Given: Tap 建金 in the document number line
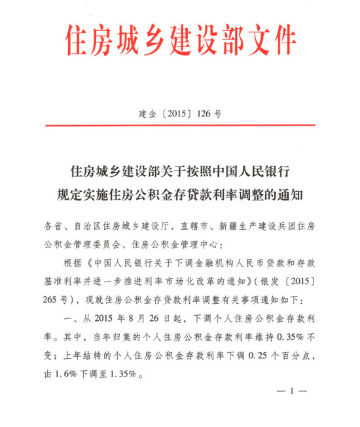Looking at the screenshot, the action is point(150,113).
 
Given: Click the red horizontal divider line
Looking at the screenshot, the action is point(179,125).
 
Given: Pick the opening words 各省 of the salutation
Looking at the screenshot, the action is point(54,226).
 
